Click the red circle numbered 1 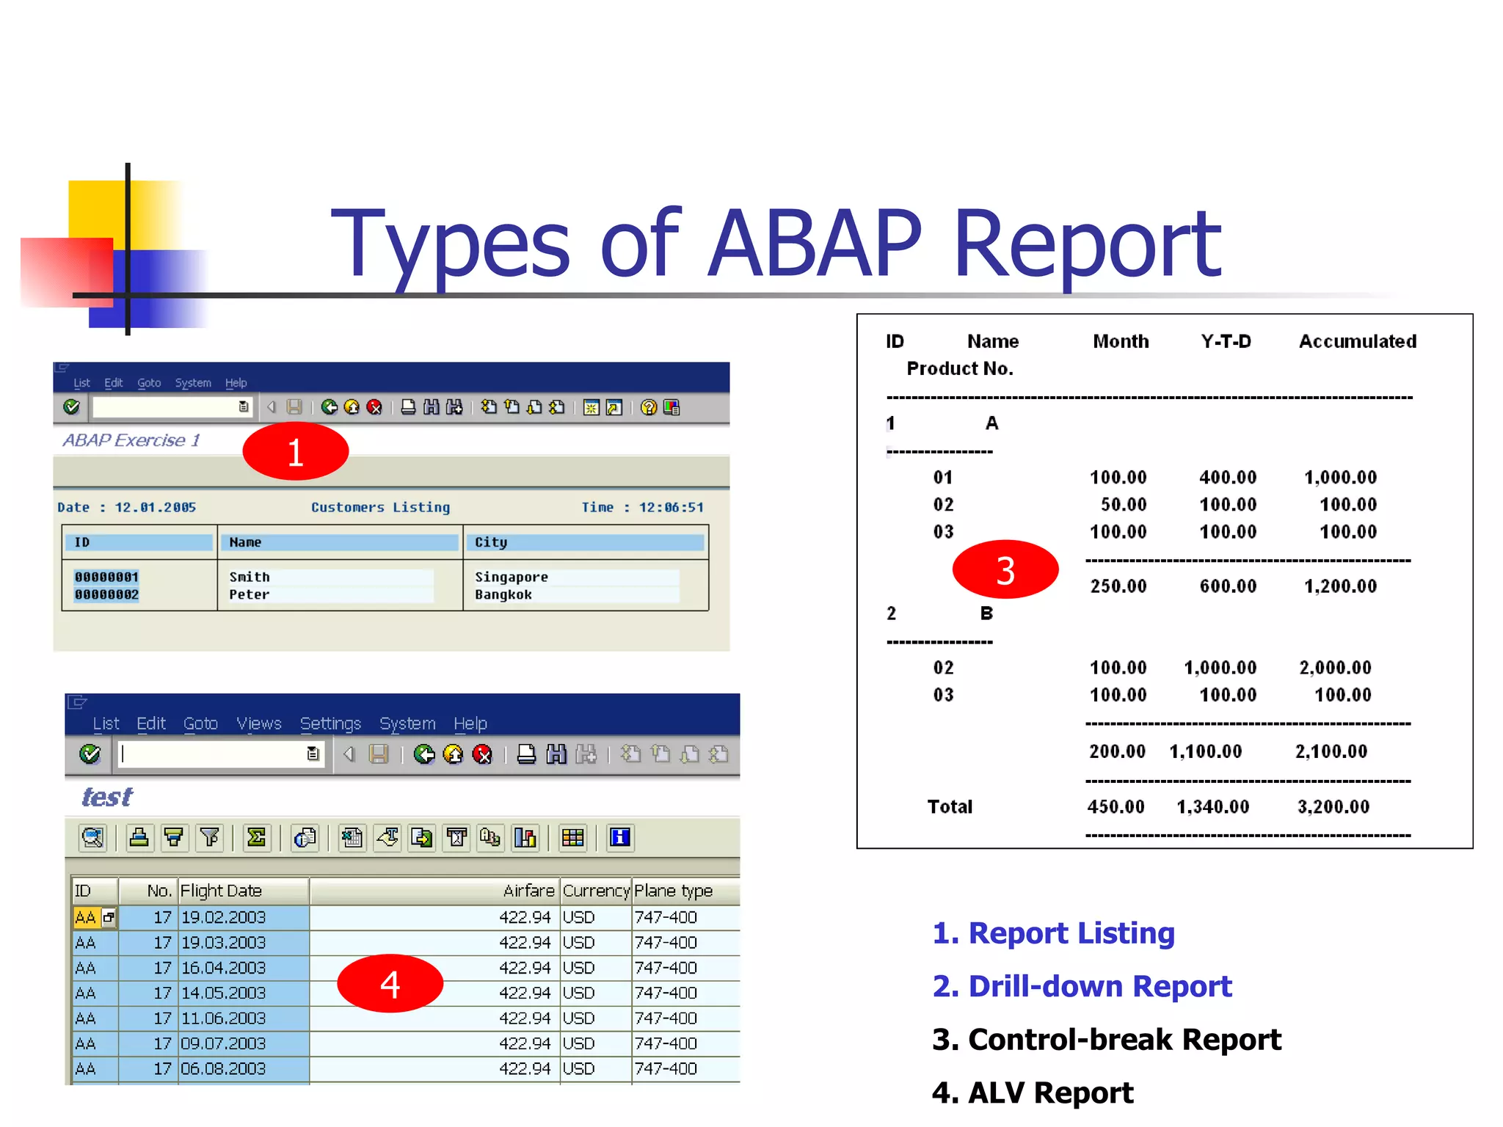tap(295, 451)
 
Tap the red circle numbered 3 tap(1005, 570)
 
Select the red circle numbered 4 tap(390, 983)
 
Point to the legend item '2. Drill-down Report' tap(1082, 986)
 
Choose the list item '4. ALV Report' tap(1032, 1093)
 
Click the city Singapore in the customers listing tap(511, 577)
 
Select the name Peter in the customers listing tap(249, 594)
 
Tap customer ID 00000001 tap(106, 577)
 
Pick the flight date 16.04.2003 tap(223, 968)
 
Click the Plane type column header tap(673, 891)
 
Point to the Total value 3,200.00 tap(1333, 806)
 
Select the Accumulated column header tap(1357, 341)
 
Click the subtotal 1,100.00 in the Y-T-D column tap(1205, 751)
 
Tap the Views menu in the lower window tap(258, 723)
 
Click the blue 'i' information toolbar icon tap(620, 837)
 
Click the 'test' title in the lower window tap(107, 797)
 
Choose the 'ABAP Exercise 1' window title tap(131, 440)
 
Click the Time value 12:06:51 tap(671, 507)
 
